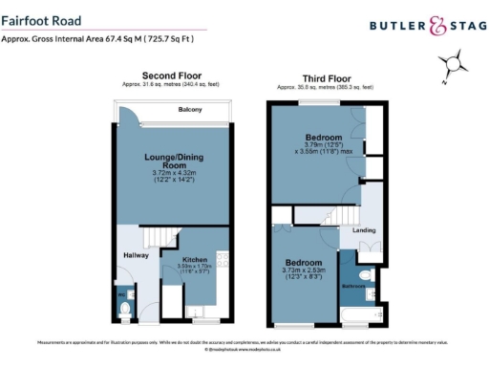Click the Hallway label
(x=134, y=254)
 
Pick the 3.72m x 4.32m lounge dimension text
(x=173, y=173)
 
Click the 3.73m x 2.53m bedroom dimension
(x=304, y=271)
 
